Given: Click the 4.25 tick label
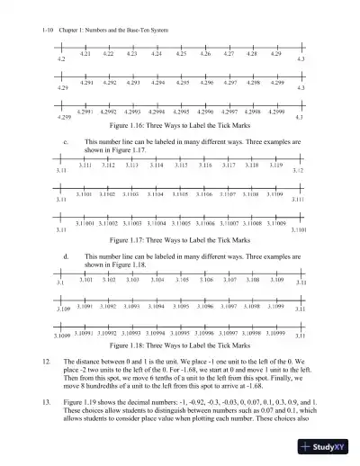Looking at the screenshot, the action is (x=181, y=54).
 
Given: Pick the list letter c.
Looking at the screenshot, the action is (x=66, y=142).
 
